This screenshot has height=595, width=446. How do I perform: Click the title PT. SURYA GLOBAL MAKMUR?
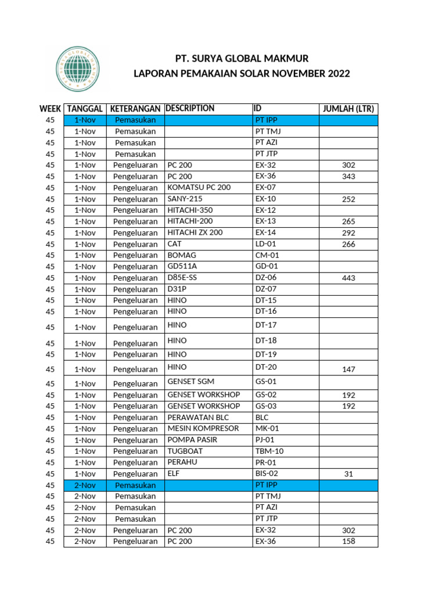tap(242, 59)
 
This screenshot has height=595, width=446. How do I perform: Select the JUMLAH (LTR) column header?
tap(348, 109)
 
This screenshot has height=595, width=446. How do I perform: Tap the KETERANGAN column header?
tap(135, 109)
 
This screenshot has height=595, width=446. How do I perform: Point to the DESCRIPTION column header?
tap(190, 108)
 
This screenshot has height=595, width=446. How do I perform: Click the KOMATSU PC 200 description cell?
tap(199, 187)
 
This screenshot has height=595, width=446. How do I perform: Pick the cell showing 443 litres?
tap(348, 278)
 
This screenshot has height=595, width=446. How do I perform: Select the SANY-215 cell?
tap(185, 199)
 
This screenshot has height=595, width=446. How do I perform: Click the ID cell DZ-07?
tap(266, 289)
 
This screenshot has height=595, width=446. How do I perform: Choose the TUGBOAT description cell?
tap(185, 451)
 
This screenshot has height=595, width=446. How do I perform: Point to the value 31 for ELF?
tap(348, 474)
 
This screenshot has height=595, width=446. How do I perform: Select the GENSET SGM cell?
tap(190, 381)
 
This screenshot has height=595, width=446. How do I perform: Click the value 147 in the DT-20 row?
tap(348, 370)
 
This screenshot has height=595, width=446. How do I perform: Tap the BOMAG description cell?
tap(182, 255)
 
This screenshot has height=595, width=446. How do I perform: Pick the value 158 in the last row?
tap(348, 542)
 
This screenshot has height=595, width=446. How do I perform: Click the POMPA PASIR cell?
tap(192, 440)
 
